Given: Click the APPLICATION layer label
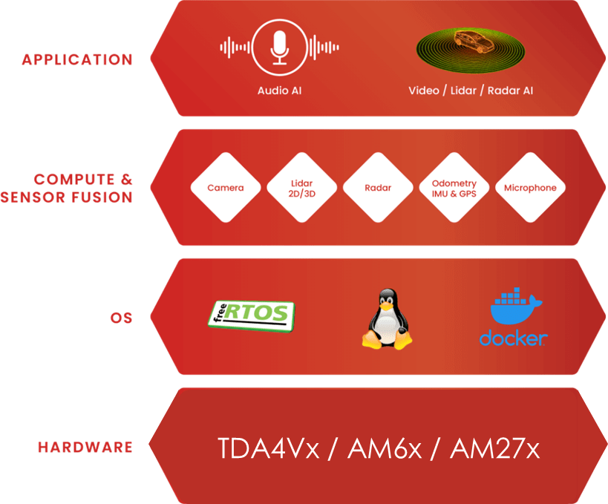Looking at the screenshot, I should tap(77, 59).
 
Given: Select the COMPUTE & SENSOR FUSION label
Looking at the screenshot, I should tap(71, 189).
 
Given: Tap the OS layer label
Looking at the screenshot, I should tap(121, 318).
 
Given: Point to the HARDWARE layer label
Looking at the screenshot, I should tap(85, 448).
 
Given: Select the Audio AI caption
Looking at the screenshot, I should tap(279, 91).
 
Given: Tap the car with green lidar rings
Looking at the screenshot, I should tap(471, 50).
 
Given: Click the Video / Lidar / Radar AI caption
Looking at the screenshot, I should tap(471, 91).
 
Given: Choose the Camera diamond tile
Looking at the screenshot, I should tap(225, 188).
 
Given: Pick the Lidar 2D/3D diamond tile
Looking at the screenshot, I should tap(302, 188).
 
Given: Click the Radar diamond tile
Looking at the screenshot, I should tap(378, 188).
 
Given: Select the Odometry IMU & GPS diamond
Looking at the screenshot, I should tap(454, 188).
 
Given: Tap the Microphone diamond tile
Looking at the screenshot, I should tap(530, 188).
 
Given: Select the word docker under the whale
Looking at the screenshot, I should tap(513, 338).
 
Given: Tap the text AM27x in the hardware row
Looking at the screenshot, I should tap(495, 448).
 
